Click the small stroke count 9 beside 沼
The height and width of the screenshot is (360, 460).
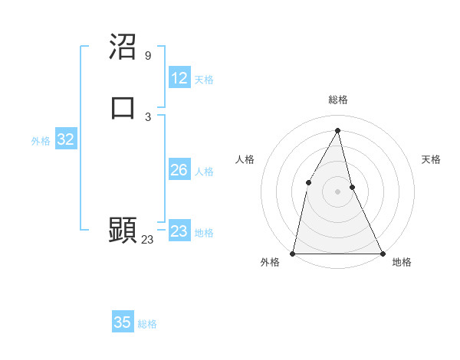(x=147, y=56)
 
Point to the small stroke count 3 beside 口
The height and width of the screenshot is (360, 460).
(x=147, y=116)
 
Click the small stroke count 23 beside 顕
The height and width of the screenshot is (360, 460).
(x=147, y=240)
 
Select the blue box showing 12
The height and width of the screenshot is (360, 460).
(x=179, y=78)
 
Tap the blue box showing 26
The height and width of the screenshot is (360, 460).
(x=179, y=170)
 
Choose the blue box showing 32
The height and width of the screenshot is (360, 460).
(x=66, y=139)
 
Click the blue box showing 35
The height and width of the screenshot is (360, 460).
(x=123, y=322)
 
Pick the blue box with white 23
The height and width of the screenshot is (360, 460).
(x=179, y=231)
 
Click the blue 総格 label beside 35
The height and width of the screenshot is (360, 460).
(x=147, y=324)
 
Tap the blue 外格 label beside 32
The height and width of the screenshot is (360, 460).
(x=41, y=141)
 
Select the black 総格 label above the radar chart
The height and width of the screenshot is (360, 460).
(x=337, y=100)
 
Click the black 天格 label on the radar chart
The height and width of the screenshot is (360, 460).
(x=431, y=159)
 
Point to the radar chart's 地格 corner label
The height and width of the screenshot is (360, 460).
(x=402, y=263)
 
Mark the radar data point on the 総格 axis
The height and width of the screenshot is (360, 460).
(x=337, y=129)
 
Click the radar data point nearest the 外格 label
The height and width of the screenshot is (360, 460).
(x=293, y=253)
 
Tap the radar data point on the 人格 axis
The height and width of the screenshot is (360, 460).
(x=308, y=182)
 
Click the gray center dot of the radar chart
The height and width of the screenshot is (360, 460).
(x=337, y=191)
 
